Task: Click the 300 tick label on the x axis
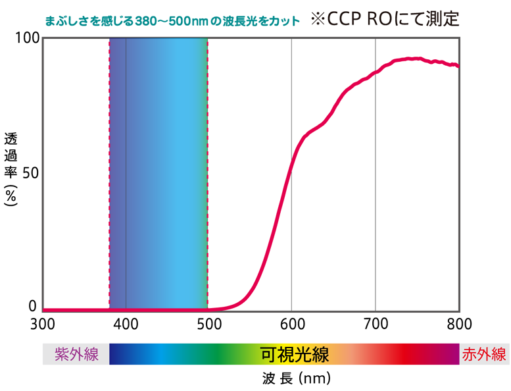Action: point(42,324)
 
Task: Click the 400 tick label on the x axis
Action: point(126,324)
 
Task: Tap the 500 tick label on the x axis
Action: point(208,324)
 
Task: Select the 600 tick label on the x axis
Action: point(291,324)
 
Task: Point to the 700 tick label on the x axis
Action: point(375,324)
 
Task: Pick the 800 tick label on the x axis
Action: point(458,324)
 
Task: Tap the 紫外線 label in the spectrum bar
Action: point(76,355)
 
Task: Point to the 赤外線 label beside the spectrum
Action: point(485,355)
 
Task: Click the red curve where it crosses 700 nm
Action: point(375,72)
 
